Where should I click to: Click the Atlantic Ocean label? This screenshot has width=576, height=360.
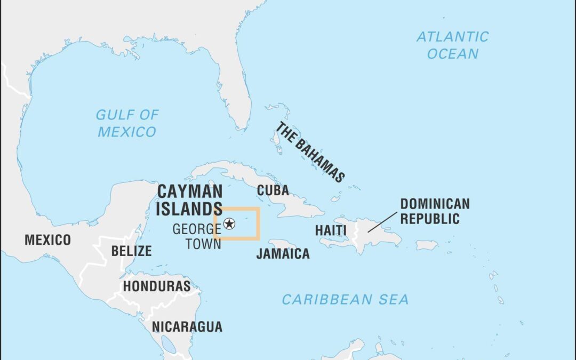pyautogui.click(x=452, y=45)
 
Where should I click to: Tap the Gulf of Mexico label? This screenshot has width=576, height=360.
pyautogui.click(x=127, y=123)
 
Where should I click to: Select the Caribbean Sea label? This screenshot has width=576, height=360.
pyautogui.click(x=345, y=300)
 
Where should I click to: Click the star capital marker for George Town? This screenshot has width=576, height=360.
pyautogui.click(x=230, y=223)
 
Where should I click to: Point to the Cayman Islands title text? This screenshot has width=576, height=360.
pyautogui.click(x=189, y=200)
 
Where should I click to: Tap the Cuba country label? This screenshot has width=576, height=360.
pyautogui.click(x=273, y=190)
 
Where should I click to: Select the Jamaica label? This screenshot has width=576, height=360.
pyautogui.click(x=283, y=254)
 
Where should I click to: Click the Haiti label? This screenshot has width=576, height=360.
pyautogui.click(x=330, y=231)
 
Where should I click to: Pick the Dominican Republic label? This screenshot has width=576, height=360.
pyautogui.click(x=435, y=211)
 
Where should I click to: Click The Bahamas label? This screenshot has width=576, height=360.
pyautogui.click(x=309, y=152)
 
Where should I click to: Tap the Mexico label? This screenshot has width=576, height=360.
pyautogui.click(x=47, y=240)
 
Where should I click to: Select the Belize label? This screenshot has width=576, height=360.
pyautogui.click(x=131, y=251)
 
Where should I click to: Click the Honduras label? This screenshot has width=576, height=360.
pyautogui.click(x=156, y=286)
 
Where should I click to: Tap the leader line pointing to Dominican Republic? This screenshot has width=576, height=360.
pyautogui.click(x=382, y=222)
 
